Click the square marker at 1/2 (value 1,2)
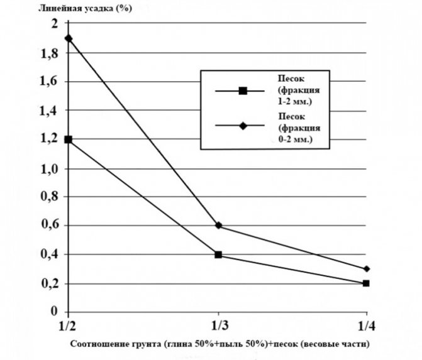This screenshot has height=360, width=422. pos(69,139)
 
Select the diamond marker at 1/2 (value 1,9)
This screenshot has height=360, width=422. pos(69,38)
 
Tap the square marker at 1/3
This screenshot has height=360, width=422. pos(218,255)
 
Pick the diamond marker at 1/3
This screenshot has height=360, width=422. pos(218,226)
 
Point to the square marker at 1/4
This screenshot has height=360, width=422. pos(366,283)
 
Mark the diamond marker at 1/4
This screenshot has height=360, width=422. pos(366,269)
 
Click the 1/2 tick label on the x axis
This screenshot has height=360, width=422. pos(68,327)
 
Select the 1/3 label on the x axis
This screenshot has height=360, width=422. pos(218,327)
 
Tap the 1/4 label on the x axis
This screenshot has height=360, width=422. pos(366,327)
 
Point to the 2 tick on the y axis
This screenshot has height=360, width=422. pos(54,24)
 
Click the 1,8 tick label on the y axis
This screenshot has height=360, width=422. pos(50,53)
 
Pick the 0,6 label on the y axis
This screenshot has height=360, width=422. pos(50,226)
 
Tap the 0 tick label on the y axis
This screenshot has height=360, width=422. pos(54,312)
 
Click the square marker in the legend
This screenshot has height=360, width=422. pos(243,91)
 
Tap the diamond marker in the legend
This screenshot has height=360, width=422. pos(243,126)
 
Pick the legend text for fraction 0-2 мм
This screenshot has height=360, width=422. pos(295,126)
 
